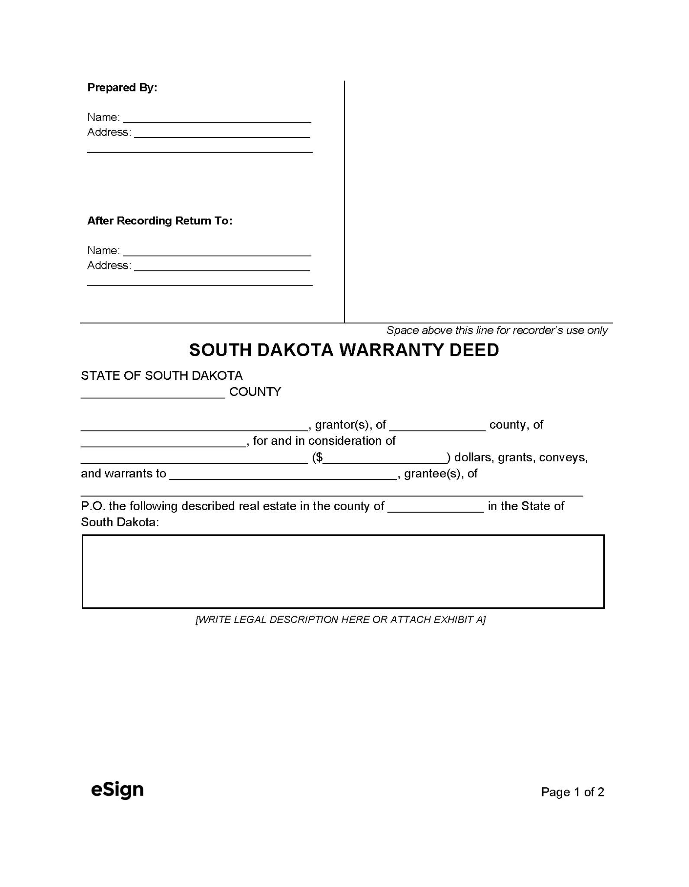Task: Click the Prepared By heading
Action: tap(122, 87)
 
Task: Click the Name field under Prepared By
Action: tap(217, 118)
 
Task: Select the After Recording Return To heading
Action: tap(160, 221)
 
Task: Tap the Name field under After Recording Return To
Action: tap(217, 251)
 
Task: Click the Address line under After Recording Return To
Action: tap(222, 266)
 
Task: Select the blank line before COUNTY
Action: tap(153, 393)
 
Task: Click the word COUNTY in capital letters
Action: tap(255, 392)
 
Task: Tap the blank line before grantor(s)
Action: tap(194, 426)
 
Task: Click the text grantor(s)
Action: tap(342, 425)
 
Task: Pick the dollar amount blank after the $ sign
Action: tap(385, 459)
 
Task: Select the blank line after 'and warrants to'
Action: tap(283, 475)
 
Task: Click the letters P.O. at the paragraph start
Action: tap(93, 506)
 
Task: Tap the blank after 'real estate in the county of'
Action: tap(436, 507)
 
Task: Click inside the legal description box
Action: tap(343, 572)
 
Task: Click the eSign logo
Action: tap(117, 790)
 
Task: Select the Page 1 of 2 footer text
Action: tap(572, 792)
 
